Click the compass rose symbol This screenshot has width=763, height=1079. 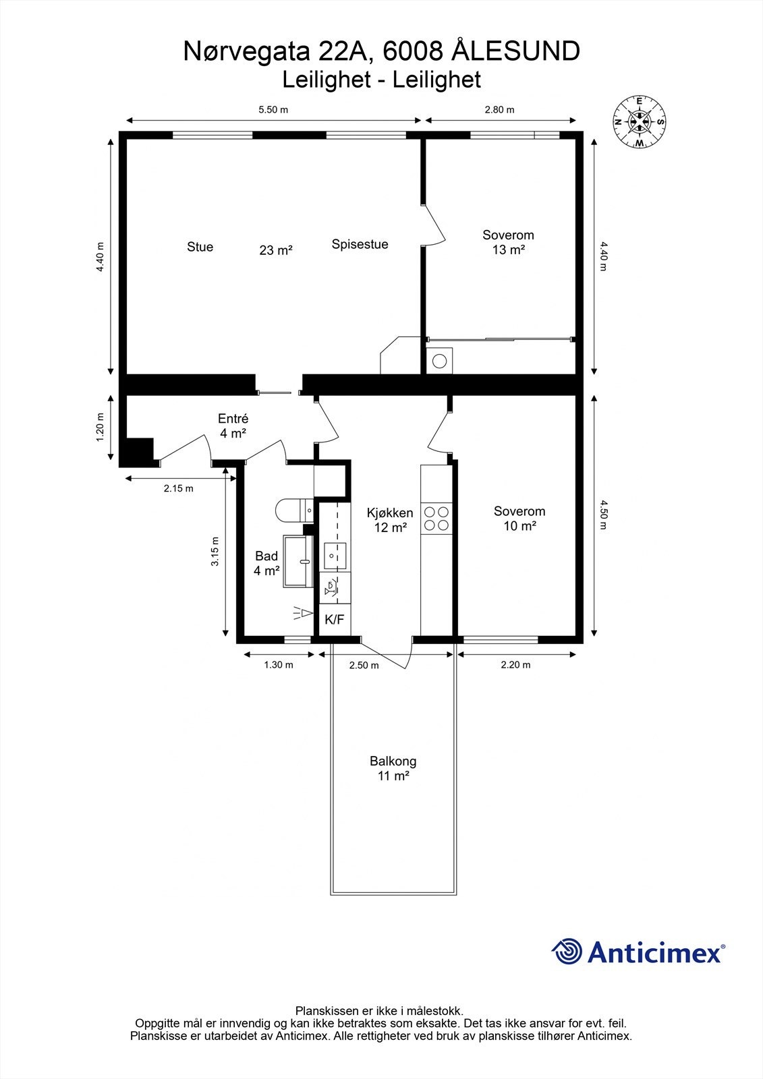click(x=638, y=122)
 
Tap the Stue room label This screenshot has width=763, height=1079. click(x=200, y=247)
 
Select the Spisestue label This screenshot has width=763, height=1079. click(x=360, y=244)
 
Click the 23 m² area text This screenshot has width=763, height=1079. click(x=276, y=250)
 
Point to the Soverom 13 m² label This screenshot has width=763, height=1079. click(x=508, y=242)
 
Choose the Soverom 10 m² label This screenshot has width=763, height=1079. click(x=519, y=519)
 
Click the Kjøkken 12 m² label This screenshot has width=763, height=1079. click(x=390, y=520)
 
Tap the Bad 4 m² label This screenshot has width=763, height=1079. click(x=266, y=563)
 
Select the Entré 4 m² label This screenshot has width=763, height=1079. click(x=233, y=426)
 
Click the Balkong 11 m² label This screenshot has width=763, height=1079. click(x=393, y=768)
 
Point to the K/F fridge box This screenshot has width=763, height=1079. click(x=334, y=619)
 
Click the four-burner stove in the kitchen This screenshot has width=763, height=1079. click(x=436, y=517)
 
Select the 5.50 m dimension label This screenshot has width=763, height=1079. click(x=274, y=110)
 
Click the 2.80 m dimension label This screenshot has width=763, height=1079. click(x=499, y=110)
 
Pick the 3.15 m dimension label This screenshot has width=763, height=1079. click(x=215, y=551)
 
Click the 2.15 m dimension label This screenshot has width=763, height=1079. click(x=178, y=488)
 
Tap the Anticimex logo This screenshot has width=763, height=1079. click(x=638, y=952)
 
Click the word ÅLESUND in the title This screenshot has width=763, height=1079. click(x=516, y=51)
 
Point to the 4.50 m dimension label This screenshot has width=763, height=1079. click(x=604, y=515)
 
